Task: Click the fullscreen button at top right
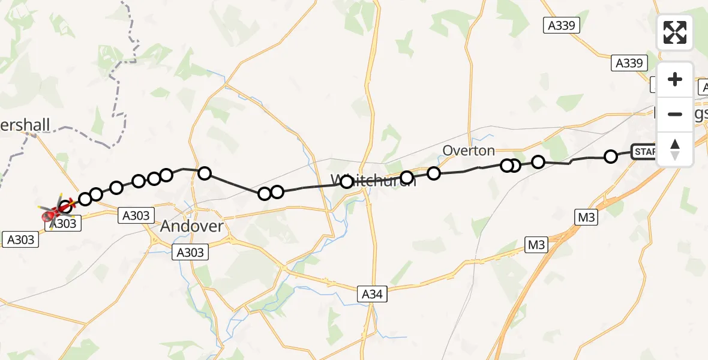pos(675,32)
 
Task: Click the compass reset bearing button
pos(675,149)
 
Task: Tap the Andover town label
pos(192,226)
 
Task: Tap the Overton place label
pos(469,150)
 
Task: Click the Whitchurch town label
pos(373,181)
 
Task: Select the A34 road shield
pos(373,294)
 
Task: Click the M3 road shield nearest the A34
pos(536,245)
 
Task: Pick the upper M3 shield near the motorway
pos(586,218)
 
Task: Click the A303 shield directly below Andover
pos(191,253)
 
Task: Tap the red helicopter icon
pos(55,212)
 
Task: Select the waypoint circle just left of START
pos(611,157)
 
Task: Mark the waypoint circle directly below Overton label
pos(434,173)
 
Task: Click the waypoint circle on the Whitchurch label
pos(347,182)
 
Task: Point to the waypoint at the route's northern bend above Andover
pos(205,173)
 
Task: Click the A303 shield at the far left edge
pos(20,240)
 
